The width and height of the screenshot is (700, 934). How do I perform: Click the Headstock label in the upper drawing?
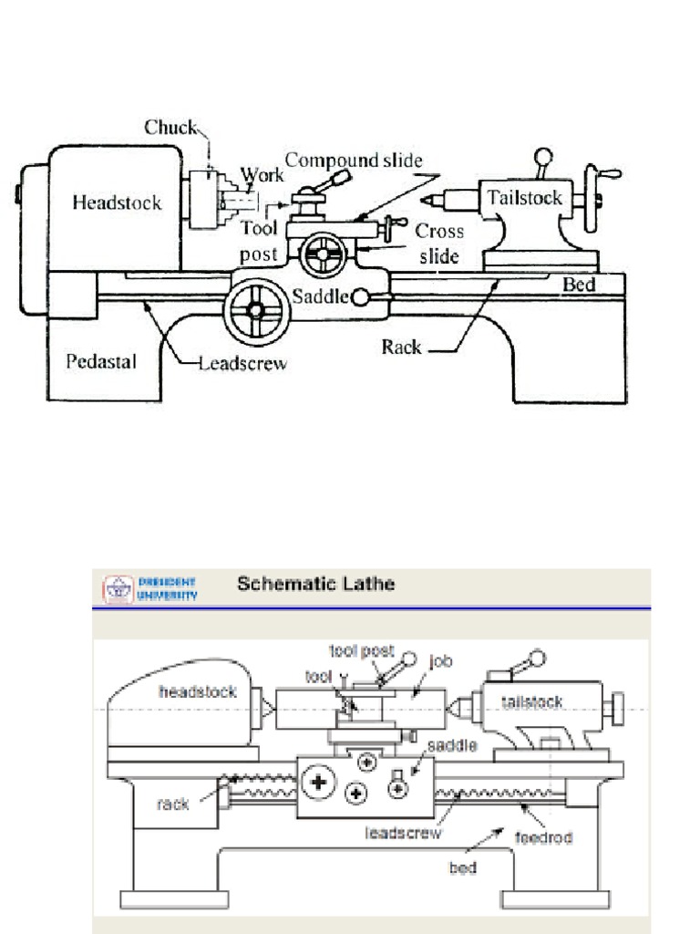(x=117, y=202)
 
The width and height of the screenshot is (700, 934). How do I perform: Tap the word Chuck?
(x=170, y=128)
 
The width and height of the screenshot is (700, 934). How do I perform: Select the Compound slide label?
(x=354, y=161)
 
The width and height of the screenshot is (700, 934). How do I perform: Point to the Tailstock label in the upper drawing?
(x=524, y=198)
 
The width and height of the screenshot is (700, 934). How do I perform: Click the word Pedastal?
(x=101, y=362)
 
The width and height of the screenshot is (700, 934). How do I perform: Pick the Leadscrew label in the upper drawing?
(x=243, y=364)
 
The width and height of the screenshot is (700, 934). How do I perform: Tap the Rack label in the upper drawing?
(x=401, y=347)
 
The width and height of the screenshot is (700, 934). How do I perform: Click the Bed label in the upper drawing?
(x=578, y=285)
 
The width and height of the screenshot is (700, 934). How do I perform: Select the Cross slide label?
(x=439, y=244)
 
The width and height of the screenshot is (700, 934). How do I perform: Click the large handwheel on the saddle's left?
(x=256, y=311)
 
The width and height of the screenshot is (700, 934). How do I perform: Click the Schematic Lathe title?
(x=315, y=584)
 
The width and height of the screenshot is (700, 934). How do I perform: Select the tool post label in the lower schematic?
(x=362, y=650)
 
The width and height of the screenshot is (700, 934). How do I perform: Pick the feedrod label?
(x=545, y=836)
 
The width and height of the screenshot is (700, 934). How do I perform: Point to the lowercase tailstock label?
(x=532, y=701)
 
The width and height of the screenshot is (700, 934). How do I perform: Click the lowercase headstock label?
(x=198, y=692)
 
